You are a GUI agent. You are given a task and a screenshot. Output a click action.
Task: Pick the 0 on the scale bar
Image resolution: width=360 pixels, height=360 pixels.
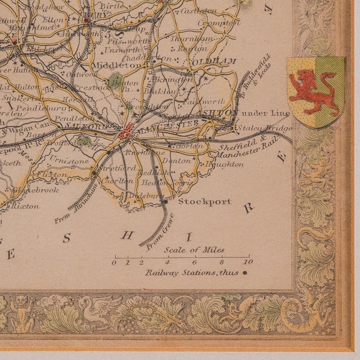coord(114,262)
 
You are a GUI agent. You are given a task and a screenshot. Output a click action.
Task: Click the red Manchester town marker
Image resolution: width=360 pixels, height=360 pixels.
coord(125,133)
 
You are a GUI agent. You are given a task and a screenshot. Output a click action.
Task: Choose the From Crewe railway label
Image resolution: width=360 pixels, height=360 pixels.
coord(154,237)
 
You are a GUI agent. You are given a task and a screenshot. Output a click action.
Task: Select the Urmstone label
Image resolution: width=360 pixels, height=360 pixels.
coord(77,161)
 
